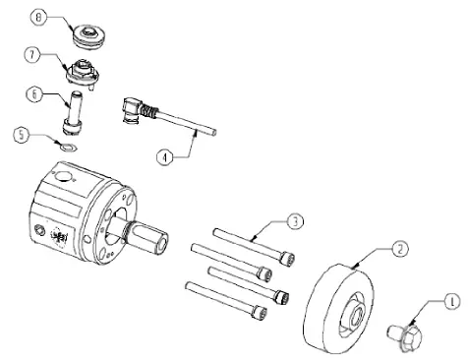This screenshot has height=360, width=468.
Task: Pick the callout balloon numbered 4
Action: pyautogui.click(x=166, y=155)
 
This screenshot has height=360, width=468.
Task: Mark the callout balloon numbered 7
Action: pyautogui.click(x=35, y=54)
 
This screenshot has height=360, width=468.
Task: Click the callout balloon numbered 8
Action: pyautogui.click(x=38, y=18)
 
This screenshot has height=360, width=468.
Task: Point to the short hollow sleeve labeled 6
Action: pyautogui.click(x=73, y=111)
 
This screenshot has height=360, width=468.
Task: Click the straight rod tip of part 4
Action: pyautogui.click(x=209, y=130)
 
